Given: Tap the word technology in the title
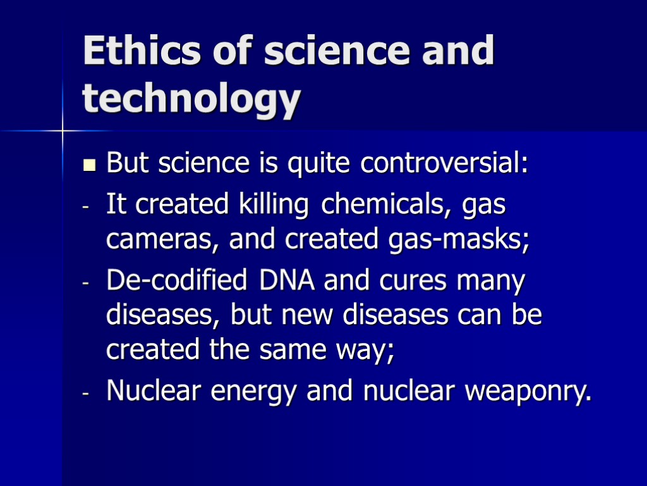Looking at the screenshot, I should (190, 100).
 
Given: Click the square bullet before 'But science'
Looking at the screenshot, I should (88, 166).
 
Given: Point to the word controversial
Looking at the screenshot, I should (444, 164).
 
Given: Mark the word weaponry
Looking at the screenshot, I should (528, 392).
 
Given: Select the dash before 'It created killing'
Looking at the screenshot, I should (85, 208).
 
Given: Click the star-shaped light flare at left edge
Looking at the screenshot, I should (63, 131).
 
